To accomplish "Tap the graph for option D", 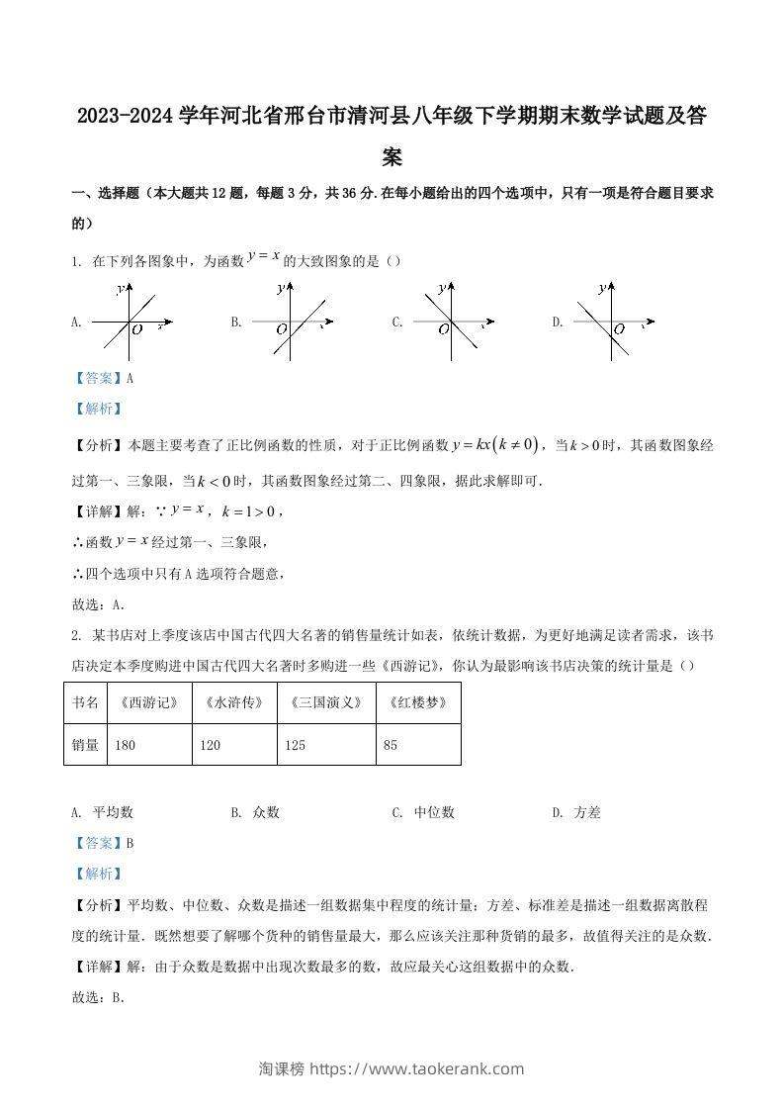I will tap(614, 323).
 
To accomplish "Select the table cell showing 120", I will tap(235, 745).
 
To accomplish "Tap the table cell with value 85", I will tap(418, 745).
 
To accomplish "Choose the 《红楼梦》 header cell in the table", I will tap(418, 702).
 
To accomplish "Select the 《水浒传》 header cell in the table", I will tap(235, 702).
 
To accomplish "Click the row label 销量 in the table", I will tap(85, 745).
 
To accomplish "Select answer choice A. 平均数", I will tap(103, 812).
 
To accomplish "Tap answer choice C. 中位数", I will tap(423, 812).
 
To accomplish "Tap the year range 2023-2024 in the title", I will tap(125, 117).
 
